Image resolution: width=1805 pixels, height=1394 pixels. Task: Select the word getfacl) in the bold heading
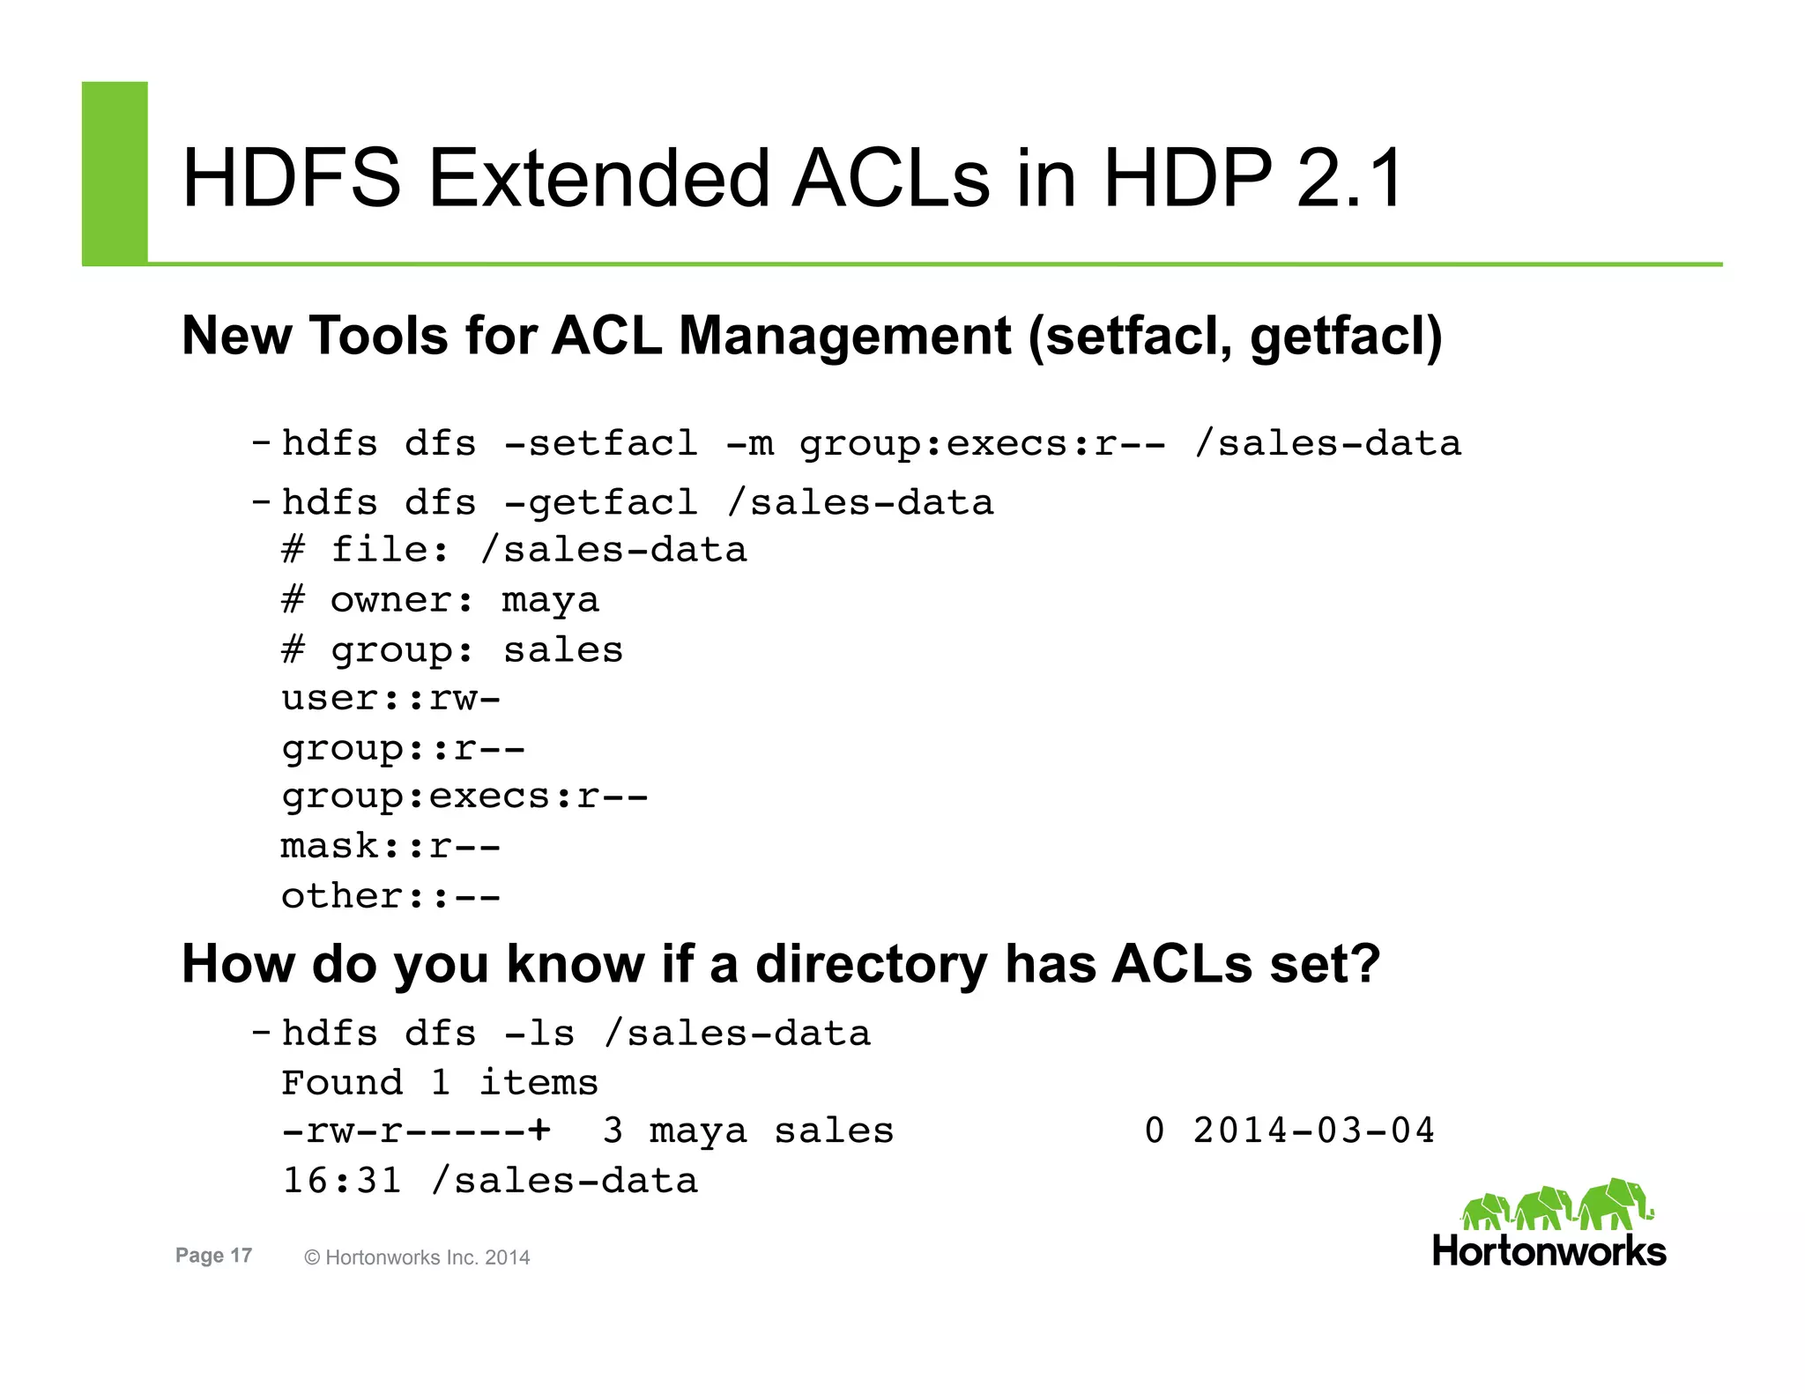pos(1346,337)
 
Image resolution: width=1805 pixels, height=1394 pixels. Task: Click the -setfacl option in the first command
pos(600,443)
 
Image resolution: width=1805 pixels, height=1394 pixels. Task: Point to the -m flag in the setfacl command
pos(749,443)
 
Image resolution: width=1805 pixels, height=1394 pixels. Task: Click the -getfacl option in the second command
pos(600,503)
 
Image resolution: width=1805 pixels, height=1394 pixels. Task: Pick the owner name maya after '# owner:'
pos(550,601)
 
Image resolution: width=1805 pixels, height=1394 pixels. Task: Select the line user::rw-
pos(390,699)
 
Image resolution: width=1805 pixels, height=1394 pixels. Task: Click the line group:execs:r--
pos(464,797)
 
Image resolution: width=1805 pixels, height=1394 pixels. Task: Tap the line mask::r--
pos(390,847)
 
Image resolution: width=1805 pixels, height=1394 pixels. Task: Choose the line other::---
pos(390,897)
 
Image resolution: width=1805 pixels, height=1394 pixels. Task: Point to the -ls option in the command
pos(539,1034)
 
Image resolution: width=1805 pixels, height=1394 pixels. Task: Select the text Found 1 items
pos(439,1083)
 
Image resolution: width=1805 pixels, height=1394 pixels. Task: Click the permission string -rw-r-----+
pos(416,1131)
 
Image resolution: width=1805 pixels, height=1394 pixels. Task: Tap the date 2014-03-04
pos(1313,1131)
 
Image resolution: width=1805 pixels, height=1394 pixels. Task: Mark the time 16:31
pos(341,1181)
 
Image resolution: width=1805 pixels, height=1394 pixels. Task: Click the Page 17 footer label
pos(213,1256)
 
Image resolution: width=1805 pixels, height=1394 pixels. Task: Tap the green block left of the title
pos(115,173)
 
